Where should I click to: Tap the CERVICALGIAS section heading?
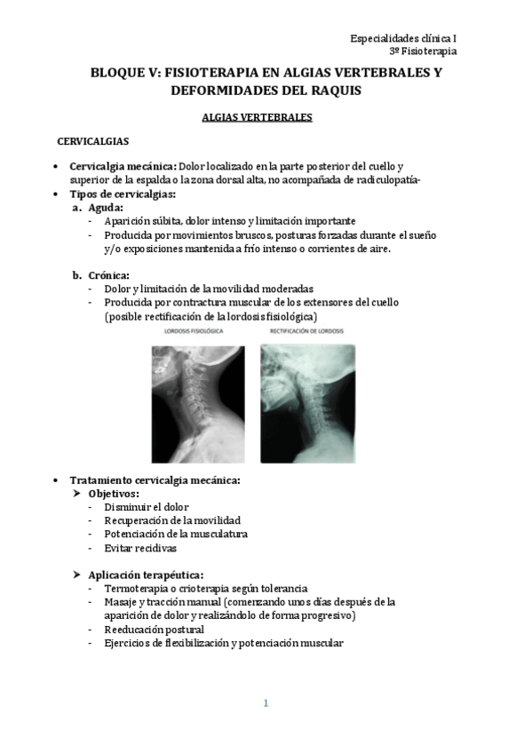(93, 142)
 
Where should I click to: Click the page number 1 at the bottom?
(266, 703)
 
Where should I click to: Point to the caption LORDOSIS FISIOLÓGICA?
(193, 331)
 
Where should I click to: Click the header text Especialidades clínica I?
(403, 38)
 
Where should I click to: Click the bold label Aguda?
(106, 208)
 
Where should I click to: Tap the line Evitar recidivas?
(140, 548)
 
